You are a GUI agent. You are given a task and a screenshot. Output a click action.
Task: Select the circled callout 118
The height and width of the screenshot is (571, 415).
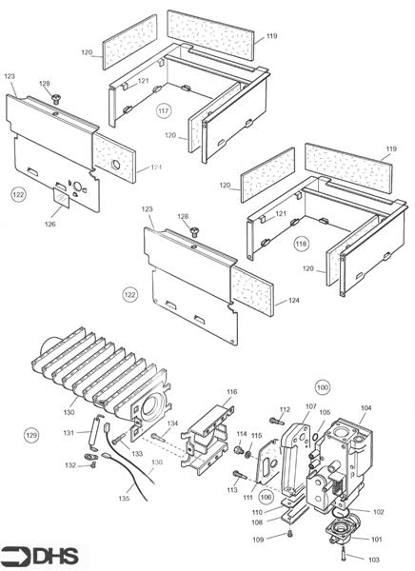(x=302, y=243)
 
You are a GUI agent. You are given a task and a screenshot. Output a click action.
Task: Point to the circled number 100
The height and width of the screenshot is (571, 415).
(x=322, y=388)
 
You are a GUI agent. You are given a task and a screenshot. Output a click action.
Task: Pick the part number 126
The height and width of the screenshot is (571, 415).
(x=49, y=225)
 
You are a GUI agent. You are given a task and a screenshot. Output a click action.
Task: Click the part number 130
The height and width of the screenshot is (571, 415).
(x=69, y=412)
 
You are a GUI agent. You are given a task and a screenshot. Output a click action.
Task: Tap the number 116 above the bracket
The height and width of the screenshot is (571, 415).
(x=231, y=391)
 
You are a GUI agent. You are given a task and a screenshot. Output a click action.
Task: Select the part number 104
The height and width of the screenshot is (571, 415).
(x=366, y=406)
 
